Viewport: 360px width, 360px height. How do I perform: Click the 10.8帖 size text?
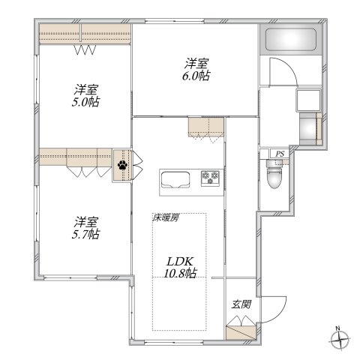click(181, 274)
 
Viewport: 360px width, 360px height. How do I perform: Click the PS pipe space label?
click(280, 154)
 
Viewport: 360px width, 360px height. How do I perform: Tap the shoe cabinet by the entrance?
click(240, 328)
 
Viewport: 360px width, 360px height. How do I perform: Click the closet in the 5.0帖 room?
click(84, 34)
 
